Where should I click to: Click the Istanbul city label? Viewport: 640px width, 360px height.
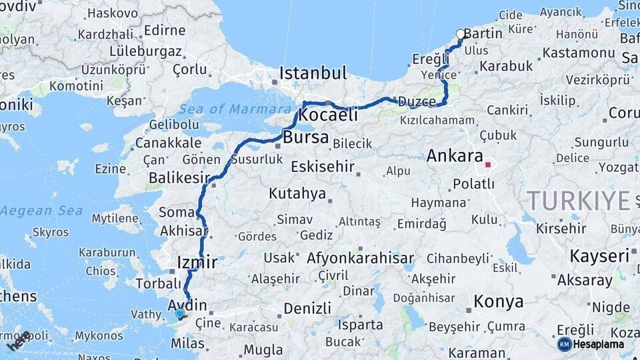[313, 73]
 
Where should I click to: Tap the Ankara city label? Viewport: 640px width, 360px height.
[455, 157]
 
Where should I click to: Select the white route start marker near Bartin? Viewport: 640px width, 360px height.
[460, 34]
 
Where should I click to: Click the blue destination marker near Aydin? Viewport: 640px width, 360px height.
[179, 313]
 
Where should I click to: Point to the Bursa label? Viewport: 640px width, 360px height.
[306, 138]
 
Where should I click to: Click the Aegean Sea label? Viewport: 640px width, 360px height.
[41, 211]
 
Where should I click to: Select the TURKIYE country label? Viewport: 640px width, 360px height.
[578, 200]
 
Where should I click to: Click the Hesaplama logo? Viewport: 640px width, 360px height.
[591, 344]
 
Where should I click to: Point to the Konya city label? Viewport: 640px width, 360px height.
[498, 301]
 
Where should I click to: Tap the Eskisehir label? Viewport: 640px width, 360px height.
[323, 167]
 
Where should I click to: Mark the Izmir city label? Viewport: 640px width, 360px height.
[197, 262]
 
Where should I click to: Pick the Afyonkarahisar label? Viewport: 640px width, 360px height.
[361, 259]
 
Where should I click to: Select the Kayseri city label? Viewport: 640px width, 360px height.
[599, 256]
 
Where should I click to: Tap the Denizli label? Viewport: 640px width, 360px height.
[307, 309]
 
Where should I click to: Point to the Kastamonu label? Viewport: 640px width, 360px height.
[578, 52]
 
